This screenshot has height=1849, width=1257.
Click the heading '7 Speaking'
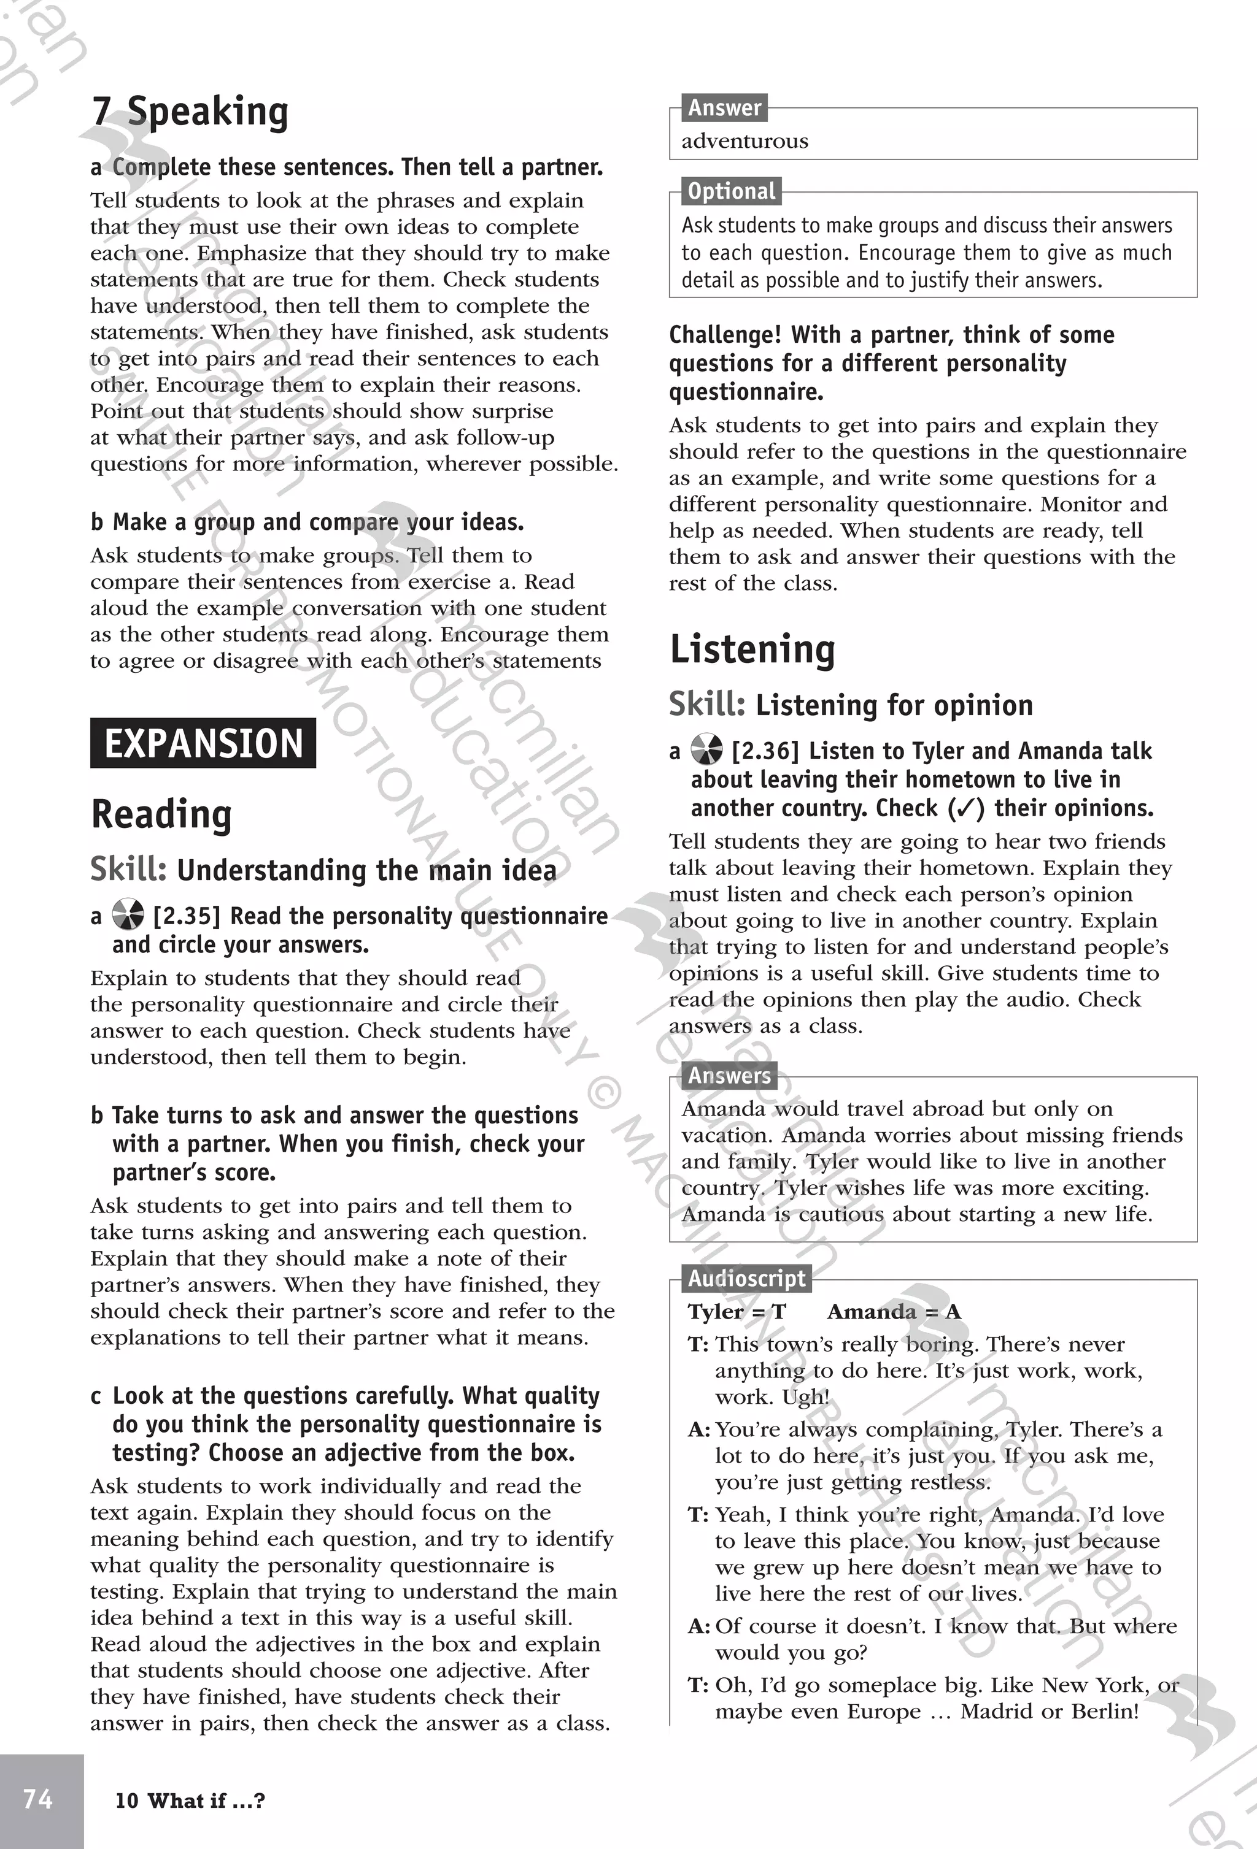(x=190, y=112)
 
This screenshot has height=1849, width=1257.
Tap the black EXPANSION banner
(x=203, y=743)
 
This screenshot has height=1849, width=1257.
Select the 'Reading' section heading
(x=161, y=814)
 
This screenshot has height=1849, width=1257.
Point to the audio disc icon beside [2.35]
(x=128, y=915)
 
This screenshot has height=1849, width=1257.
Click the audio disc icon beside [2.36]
(x=706, y=749)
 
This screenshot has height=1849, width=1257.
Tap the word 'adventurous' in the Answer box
(x=745, y=141)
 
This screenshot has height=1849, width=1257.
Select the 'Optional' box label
(x=731, y=191)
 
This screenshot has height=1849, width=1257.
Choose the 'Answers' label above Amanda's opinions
(x=729, y=1076)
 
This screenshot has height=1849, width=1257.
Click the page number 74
(x=38, y=1799)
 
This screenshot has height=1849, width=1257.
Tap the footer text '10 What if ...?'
(x=190, y=1801)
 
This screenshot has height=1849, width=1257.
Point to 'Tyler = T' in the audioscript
(x=737, y=1312)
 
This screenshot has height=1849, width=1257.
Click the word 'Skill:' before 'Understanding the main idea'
(x=128, y=870)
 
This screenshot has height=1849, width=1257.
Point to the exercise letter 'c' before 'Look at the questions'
(x=96, y=1396)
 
